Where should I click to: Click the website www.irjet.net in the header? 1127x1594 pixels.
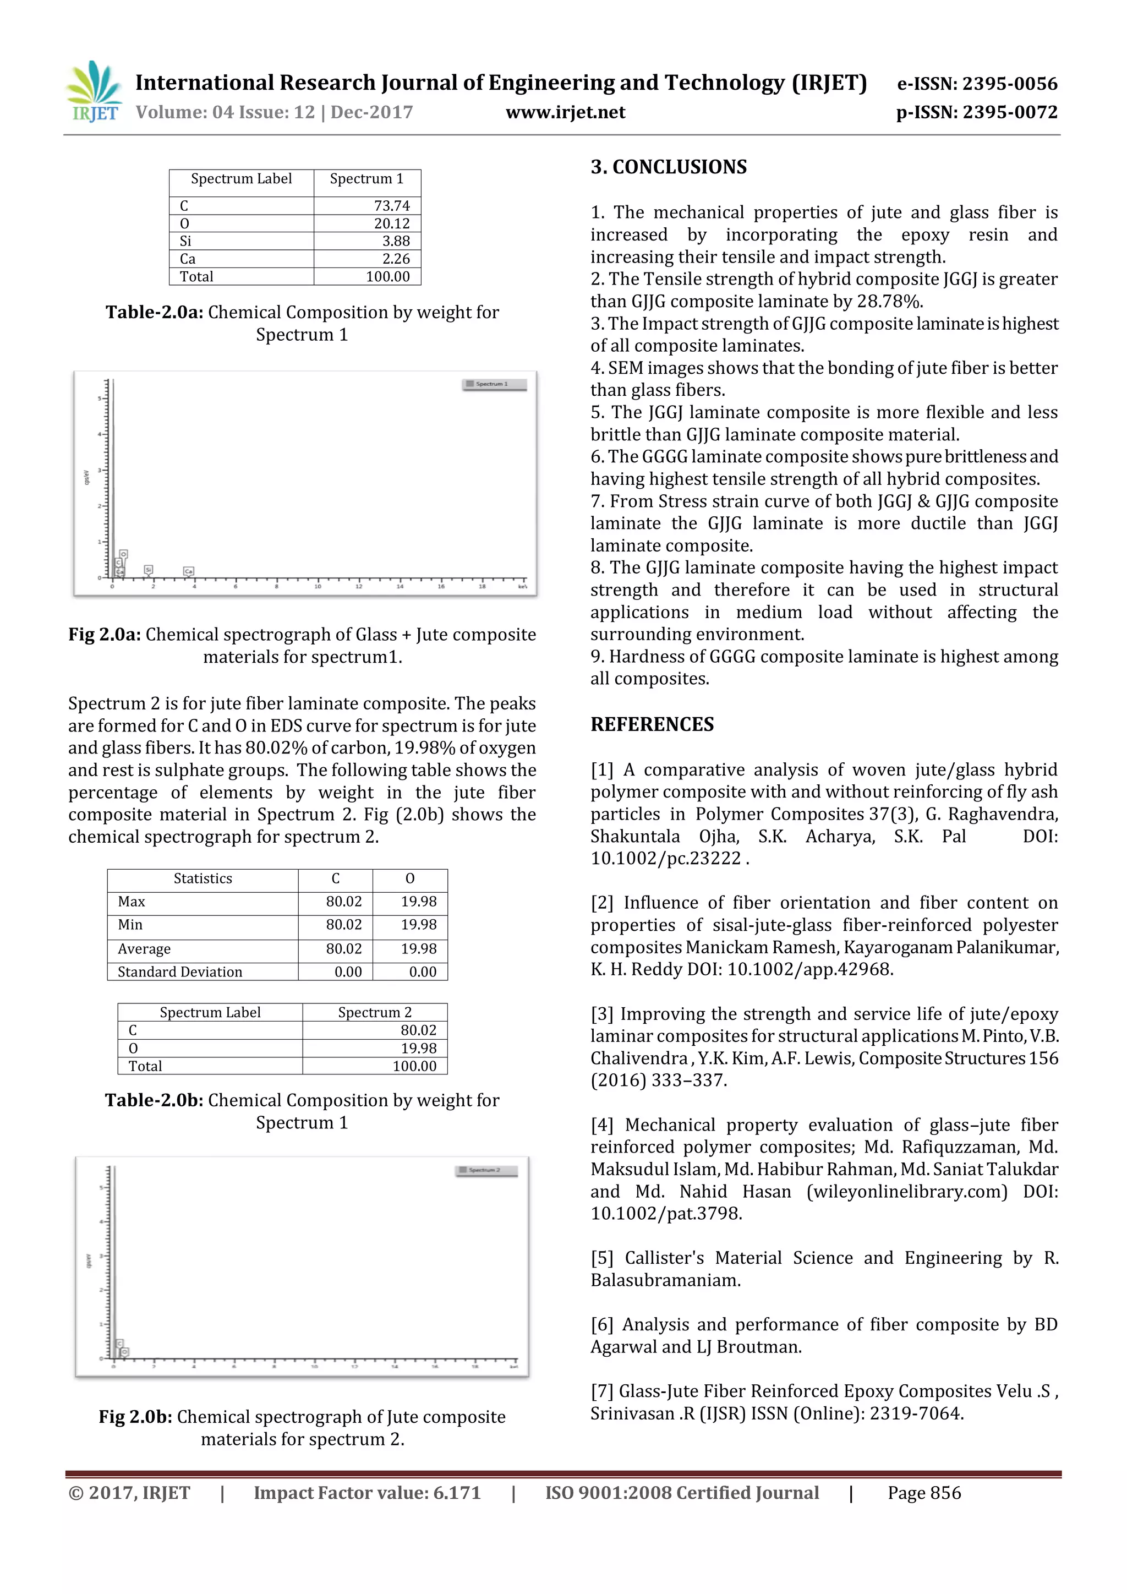(565, 112)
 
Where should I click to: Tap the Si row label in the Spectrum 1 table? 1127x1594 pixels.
(185, 241)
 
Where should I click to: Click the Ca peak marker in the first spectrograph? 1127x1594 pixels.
(188, 571)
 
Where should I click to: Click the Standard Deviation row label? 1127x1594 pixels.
(180, 972)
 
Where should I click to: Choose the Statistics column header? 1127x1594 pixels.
(203, 879)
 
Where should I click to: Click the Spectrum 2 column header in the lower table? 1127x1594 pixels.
(375, 1012)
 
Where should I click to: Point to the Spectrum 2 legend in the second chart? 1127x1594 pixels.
(486, 1171)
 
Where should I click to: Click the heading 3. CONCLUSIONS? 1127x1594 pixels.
(668, 167)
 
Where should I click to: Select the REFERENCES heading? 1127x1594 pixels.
(652, 725)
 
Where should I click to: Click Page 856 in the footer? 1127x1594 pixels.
(924, 1493)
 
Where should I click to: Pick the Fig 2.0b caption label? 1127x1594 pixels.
(135, 1417)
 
